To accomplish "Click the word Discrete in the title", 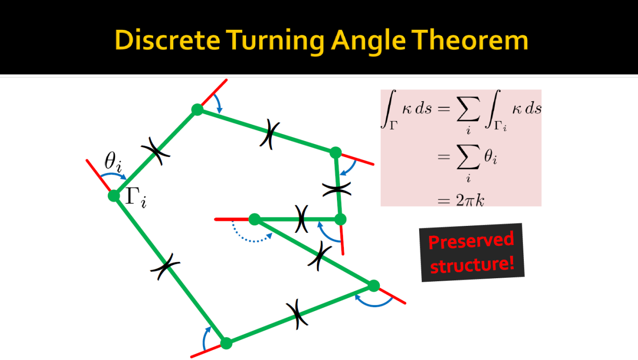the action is (x=167, y=40).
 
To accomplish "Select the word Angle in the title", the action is (x=368, y=41).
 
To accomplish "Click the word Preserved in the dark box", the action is (x=471, y=241).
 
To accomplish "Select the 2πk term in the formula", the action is (x=470, y=200).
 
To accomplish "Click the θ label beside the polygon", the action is (x=113, y=162).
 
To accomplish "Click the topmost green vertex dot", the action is (x=197, y=110).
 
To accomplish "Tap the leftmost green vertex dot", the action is (x=114, y=195).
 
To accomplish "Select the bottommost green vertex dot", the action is (x=226, y=343).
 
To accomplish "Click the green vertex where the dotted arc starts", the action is (x=255, y=219).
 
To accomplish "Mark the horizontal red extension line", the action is (x=232, y=219).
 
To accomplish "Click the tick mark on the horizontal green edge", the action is (x=302, y=219).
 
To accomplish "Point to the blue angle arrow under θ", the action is (x=113, y=175).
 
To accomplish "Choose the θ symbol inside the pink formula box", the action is (x=490, y=157).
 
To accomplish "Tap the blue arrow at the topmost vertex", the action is (x=218, y=103).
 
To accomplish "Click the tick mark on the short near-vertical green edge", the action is (x=336, y=189).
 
